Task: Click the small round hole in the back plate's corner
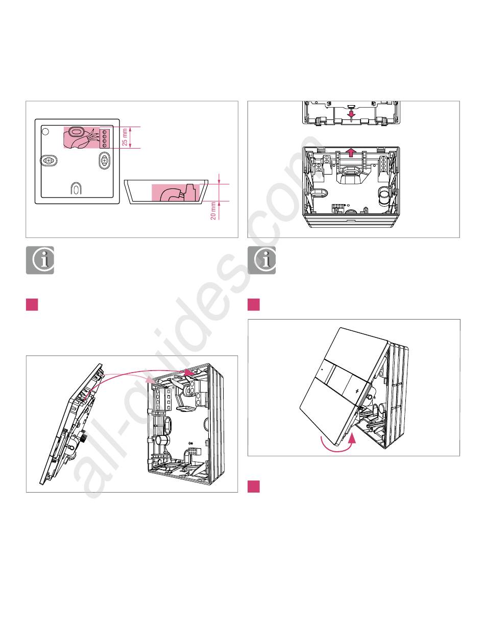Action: [x=45, y=131]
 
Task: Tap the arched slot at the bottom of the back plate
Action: [x=76, y=189]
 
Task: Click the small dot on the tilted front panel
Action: [x=322, y=367]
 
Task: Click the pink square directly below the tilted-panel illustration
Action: [x=254, y=486]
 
